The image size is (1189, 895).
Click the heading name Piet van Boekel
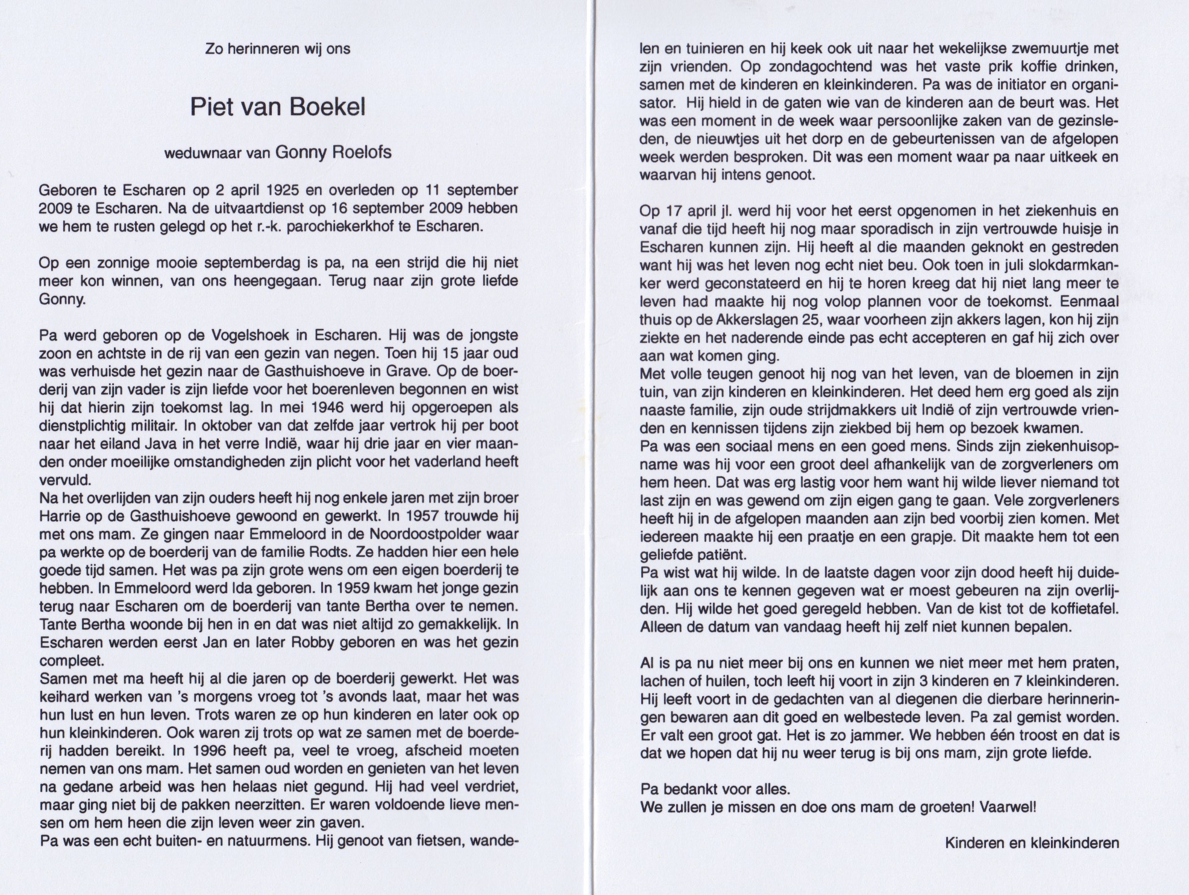(x=278, y=107)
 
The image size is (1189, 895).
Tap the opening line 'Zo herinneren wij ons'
(x=278, y=49)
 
